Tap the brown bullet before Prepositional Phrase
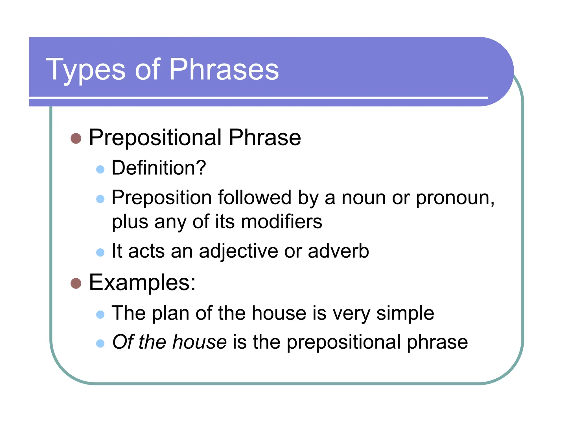pos(76,138)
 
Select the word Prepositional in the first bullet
pos(155,138)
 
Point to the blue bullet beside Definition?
pos(100,169)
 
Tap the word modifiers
pos(281,222)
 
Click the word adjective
pos(238,251)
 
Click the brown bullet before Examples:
pos(76,283)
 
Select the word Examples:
pos(142,283)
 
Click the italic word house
pos(199,342)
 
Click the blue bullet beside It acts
pos(100,252)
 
